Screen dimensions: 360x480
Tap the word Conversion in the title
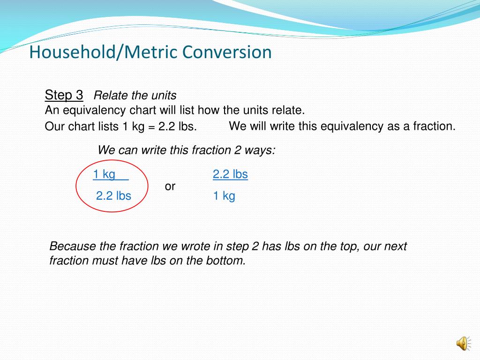pyautogui.click(x=227, y=52)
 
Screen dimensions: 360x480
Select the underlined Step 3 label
pyautogui.click(x=64, y=95)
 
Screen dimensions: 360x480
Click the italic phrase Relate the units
pyautogui.click(x=135, y=96)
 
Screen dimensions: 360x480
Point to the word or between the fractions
pyautogui.click(x=170, y=187)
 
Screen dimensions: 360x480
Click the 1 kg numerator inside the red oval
pyautogui.click(x=104, y=175)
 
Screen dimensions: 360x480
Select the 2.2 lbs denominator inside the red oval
pyautogui.click(x=113, y=196)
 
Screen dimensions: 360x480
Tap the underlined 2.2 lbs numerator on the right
pyautogui.click(x=230, y=175)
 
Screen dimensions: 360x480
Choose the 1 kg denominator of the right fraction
pyautogui.click(x=224, y=196)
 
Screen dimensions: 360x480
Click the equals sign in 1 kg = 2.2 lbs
pyautogui.click(x=152, y=127)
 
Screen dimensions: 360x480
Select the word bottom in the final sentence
pyautogui.click(x=225, y=261)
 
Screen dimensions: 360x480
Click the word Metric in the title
pyautogui.click(x=153, y=52)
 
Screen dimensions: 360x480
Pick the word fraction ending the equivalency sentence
pyautogui.click(x=434, y=126)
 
